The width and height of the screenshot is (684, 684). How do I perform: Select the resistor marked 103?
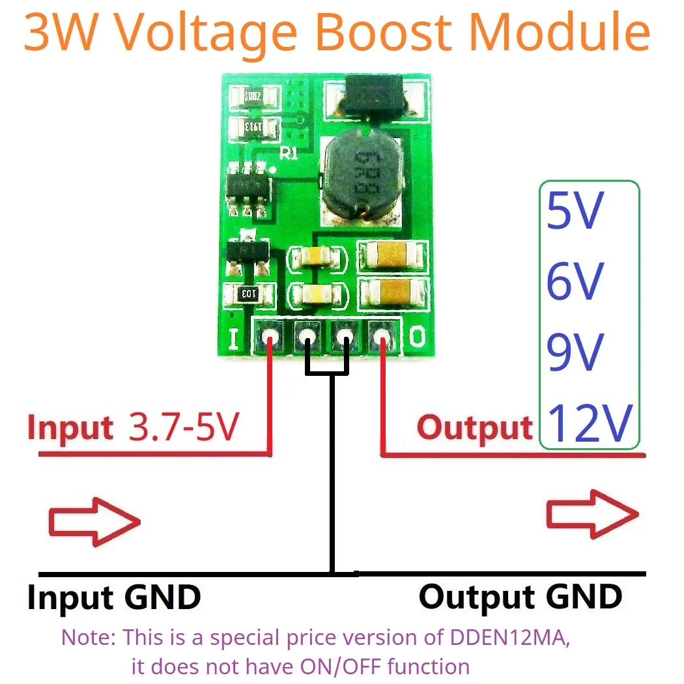click(x=248, y=294)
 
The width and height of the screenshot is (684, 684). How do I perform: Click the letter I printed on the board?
click(x=233, y=337)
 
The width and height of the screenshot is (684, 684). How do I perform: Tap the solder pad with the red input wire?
click(x=270, y=337)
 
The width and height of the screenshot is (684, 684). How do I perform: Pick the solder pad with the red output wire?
click(x=382, y=337)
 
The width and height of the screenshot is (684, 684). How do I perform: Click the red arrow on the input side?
click(x=94, y=520)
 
